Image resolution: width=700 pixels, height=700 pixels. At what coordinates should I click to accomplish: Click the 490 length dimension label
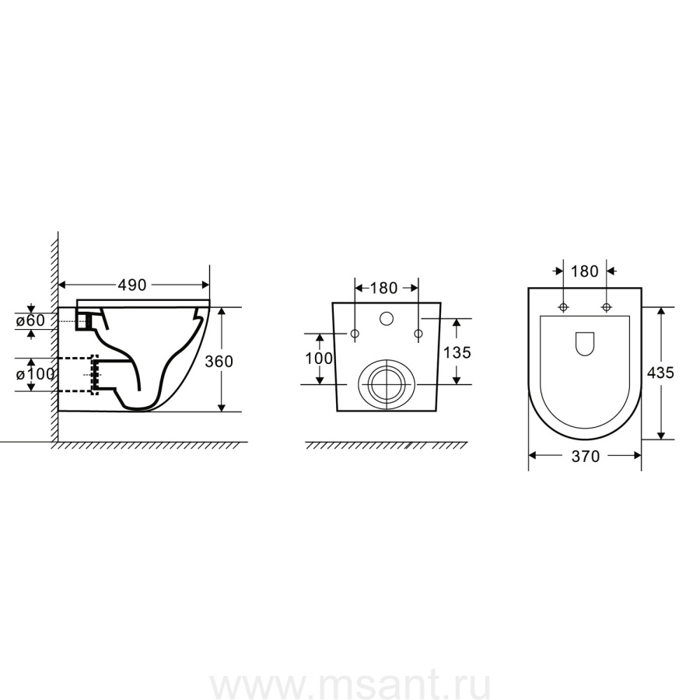[132, 285]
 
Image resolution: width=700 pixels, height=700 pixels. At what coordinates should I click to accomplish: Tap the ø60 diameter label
[31, 320]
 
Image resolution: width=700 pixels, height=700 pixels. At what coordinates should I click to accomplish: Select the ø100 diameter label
[35, 374]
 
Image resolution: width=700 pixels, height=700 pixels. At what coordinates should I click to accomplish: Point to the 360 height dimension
[219, 361]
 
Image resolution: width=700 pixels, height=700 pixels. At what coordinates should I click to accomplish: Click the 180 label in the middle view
[383, 289]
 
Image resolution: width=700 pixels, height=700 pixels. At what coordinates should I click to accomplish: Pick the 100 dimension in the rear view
[319, 358]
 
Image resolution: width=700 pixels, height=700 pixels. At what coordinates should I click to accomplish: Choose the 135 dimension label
[457, 352]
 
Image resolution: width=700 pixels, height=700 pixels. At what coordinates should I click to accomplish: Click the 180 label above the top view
[584, 271]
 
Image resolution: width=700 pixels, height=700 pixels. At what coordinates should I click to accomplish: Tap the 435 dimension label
[660, 373]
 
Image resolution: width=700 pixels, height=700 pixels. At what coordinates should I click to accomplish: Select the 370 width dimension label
[585, 457]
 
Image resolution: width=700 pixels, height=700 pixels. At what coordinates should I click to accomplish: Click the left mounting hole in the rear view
[355, 334]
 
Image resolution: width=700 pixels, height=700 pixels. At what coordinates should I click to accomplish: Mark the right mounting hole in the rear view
[418, 334]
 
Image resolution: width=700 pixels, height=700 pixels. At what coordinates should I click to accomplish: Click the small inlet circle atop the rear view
[387, 319]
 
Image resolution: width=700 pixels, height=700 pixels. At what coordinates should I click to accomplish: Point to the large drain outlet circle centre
[387, 384]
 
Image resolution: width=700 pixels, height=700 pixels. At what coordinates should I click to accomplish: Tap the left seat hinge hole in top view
[563, 307]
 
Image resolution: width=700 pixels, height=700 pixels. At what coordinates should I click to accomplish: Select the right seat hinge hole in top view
[606, 307]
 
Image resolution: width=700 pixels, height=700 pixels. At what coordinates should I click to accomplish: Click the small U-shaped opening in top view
[584, 344]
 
